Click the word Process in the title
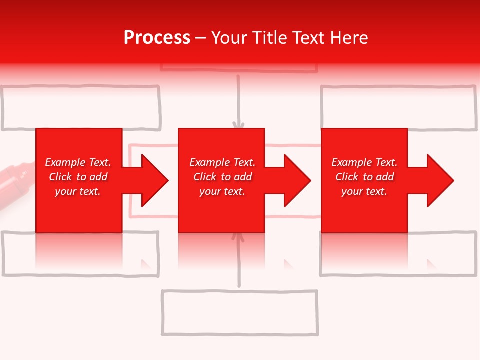[157, 38]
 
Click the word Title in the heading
[269, 38]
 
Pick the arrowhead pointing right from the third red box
[439, 180]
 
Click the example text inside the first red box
[78, 177]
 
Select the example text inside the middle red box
[222, 177]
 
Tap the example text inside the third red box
[364, 177]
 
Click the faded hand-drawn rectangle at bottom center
[240, 313]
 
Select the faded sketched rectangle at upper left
[81, 108]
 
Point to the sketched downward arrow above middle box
[239, 102]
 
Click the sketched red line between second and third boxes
[293, 145]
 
